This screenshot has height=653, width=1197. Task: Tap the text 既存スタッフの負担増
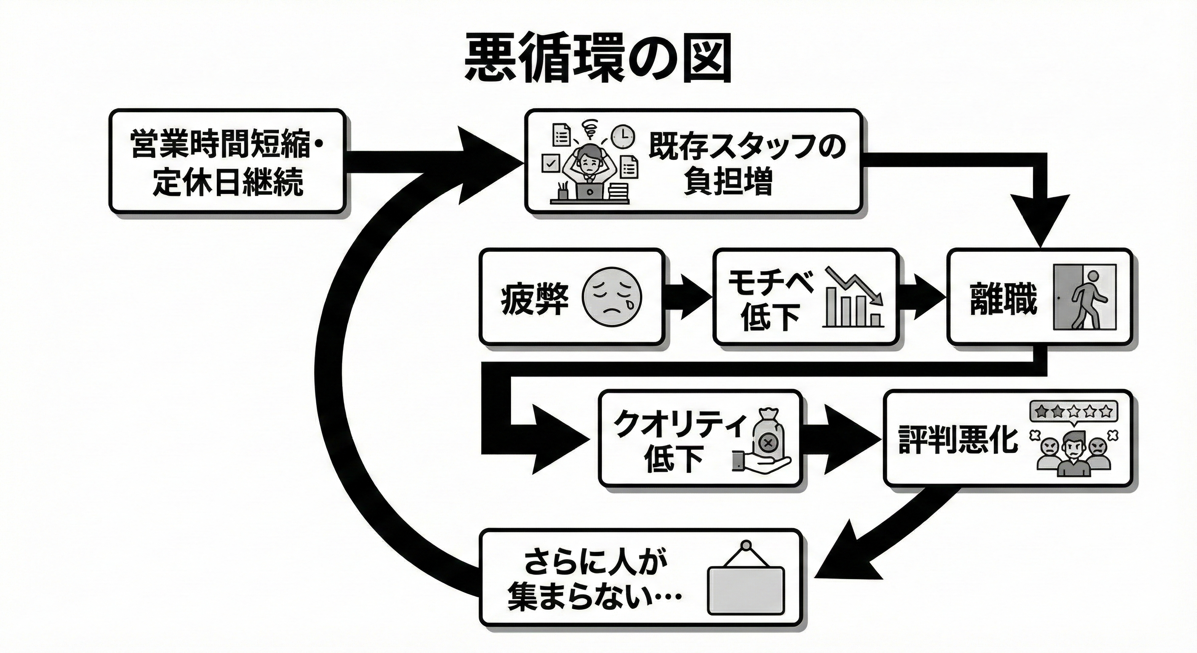coord(746,163)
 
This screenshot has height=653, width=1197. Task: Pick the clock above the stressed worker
coord(623,136)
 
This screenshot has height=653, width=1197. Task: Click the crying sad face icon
coord(612,296)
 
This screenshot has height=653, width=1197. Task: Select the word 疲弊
coord(534,299)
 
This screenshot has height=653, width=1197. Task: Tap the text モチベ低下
coord(770,300)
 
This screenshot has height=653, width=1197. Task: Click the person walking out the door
coord(1086,298)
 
